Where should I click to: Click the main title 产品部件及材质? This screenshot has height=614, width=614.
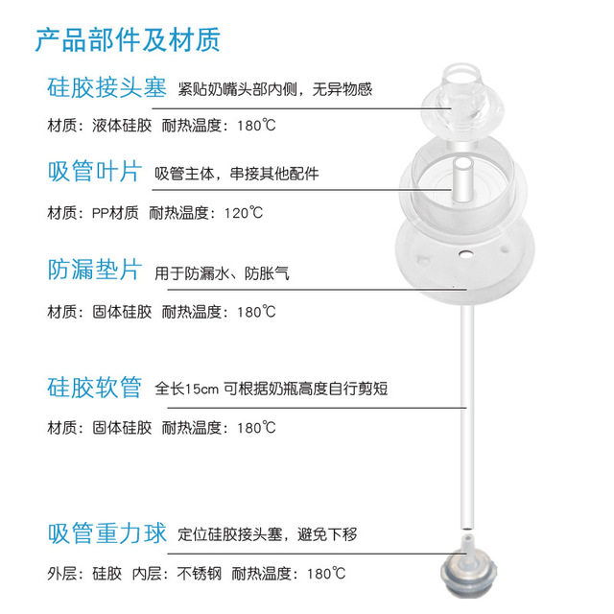128,40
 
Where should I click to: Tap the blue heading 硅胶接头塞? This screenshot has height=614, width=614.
106,90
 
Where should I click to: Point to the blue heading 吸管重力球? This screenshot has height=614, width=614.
106,533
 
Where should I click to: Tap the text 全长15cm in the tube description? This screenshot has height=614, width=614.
187,389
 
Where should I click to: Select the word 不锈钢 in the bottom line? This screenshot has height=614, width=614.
200,575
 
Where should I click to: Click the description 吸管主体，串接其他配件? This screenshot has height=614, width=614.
236,175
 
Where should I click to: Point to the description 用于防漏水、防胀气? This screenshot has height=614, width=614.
222,273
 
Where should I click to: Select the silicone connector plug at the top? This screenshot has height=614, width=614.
465,95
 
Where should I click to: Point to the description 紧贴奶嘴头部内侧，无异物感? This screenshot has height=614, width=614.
275,91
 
